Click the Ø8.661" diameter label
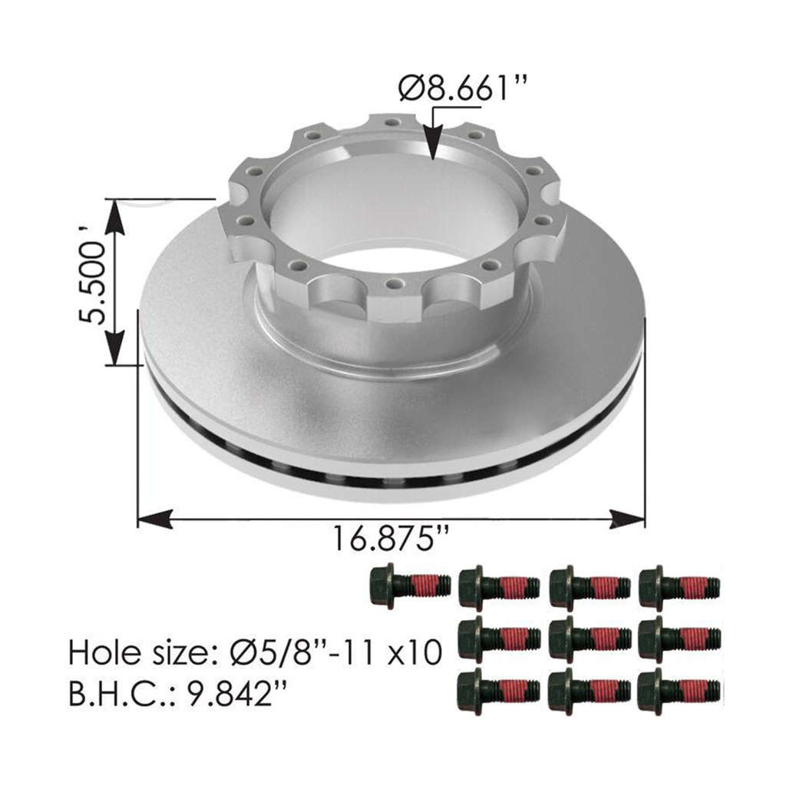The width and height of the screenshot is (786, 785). coord(464,89)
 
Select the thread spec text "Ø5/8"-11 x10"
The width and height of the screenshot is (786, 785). coord(337,653)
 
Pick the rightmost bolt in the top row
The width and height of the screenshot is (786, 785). coord(679,589)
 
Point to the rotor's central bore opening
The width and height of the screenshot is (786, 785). coord(391,211)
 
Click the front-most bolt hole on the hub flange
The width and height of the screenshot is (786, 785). coord(393,284)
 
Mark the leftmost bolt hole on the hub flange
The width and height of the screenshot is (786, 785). coord(248,220)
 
